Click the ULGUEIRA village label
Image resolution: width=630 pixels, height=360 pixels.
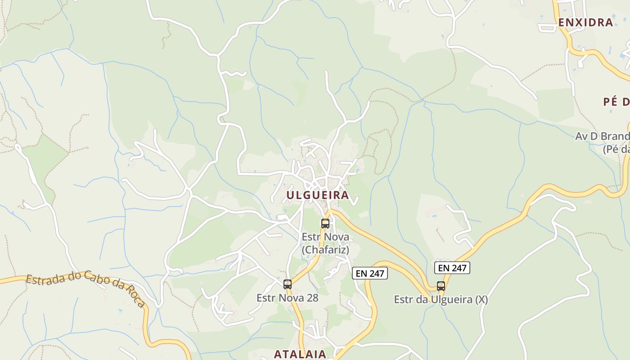click(x=318, y=195)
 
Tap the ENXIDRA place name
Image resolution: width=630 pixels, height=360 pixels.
click(x=585, y=22)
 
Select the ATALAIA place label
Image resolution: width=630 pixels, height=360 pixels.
click(x=300, y=354)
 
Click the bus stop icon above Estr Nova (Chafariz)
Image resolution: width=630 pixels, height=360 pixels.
click(x=325, y=223)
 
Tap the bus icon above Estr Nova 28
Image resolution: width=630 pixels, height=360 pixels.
click(x=288, y=284)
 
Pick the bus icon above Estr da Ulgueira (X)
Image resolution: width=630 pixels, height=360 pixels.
click(x=441, y=286)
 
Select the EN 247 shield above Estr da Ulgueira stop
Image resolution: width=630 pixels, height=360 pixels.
click(x=452, y=268)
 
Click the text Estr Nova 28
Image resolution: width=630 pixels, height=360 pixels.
click(x=288, y=298)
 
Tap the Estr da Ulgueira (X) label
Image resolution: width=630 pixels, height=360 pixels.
click(x=441, y=300)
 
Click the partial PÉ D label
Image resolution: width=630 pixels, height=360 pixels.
click(x=616, y=102)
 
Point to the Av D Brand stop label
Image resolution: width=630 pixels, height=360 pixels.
click(x=602, y=136)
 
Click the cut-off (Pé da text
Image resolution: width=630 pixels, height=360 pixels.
click(x=616, y=149)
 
